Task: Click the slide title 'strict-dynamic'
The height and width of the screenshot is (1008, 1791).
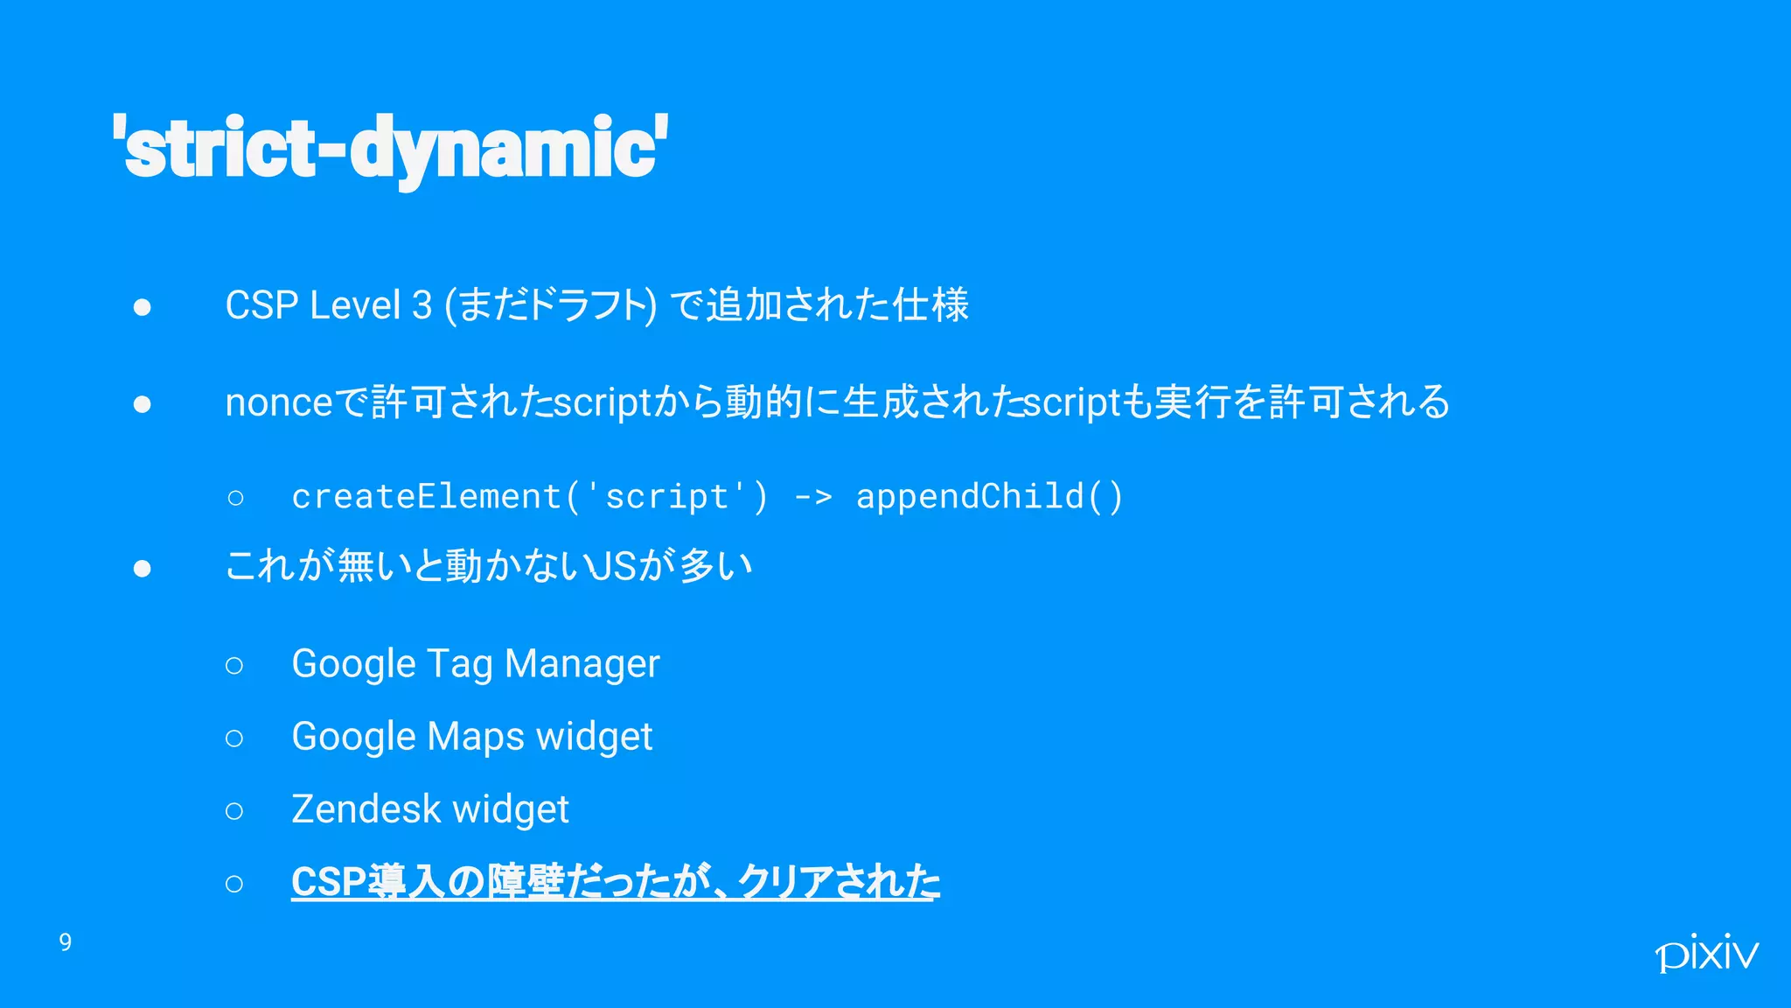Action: pos(390,147)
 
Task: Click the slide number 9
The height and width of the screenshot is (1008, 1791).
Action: pos(66,942)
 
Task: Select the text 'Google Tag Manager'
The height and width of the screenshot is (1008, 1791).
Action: pos(476,663)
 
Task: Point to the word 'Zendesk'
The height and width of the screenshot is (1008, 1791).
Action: pos(366,809)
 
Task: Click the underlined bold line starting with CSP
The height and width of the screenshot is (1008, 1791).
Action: pos(616,881)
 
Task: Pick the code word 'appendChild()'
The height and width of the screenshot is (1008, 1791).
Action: pos(989,496)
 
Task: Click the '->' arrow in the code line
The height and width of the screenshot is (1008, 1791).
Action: pos(812,497)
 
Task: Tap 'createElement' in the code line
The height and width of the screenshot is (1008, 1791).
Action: pos(427,496)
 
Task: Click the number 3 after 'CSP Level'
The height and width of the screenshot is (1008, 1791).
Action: pos(422,305)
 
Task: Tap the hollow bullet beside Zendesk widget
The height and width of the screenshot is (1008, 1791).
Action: pos(234,811)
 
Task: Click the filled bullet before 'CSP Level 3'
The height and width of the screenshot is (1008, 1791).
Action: pos(143,307)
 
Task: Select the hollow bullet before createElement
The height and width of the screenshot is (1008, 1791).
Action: pos(235,498)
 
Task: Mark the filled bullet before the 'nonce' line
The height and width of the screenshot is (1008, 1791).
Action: pos(143,404)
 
